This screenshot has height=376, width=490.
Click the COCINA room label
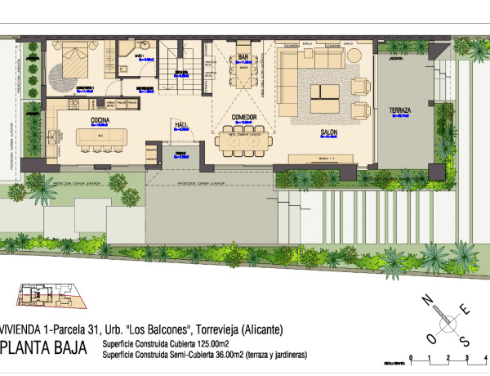point(100,120)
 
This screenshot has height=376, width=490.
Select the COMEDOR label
point(244,118)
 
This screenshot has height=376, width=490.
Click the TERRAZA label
point(399,110)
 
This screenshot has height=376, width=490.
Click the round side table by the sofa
point(359,84)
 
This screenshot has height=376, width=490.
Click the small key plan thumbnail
point(48,298)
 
